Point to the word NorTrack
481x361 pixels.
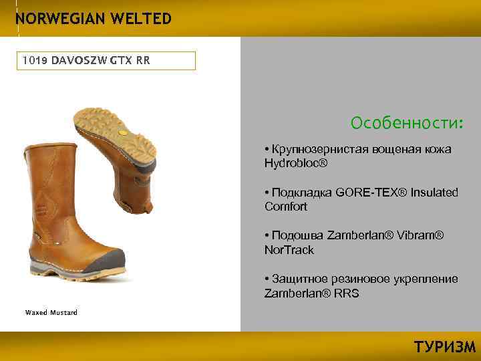coord(289,250)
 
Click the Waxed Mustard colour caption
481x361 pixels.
coord(51,312)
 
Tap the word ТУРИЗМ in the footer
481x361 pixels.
coord(445,346)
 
